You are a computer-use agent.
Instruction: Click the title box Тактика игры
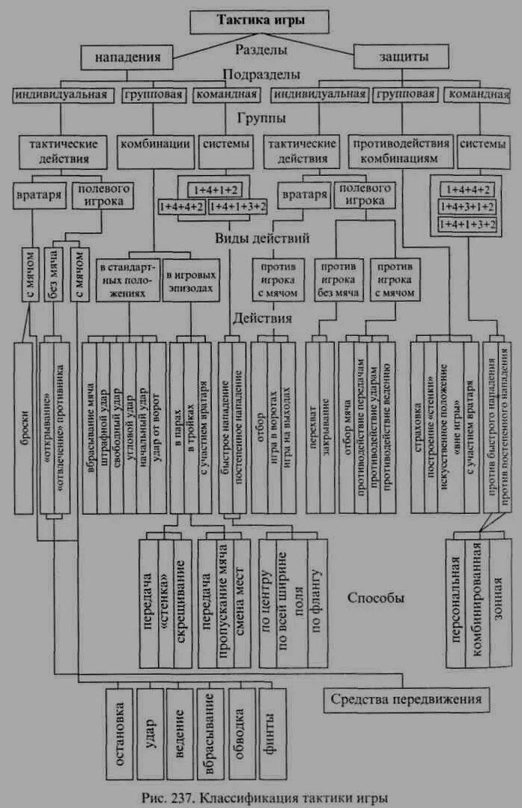click(261, 21)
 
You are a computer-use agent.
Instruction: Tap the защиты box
click(401, 57)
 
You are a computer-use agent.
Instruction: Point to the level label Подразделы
click(261, 75)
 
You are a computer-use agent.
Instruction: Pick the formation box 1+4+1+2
click(214, 189)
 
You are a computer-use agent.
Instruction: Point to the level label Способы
click(376, 599)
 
